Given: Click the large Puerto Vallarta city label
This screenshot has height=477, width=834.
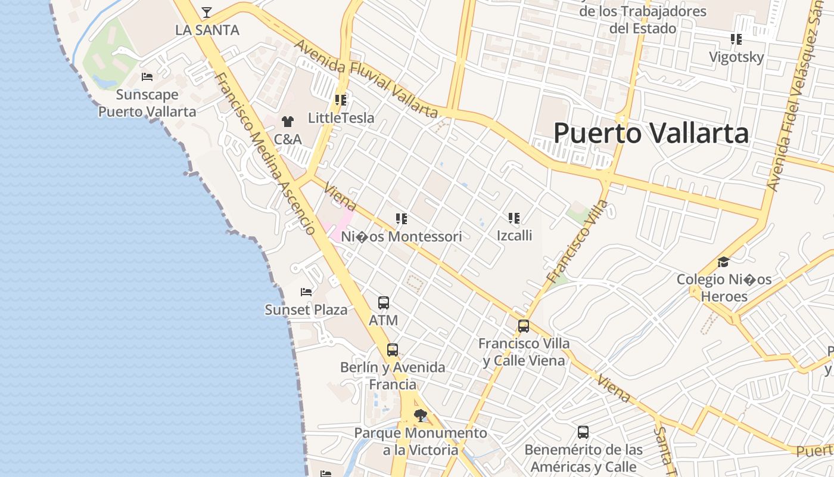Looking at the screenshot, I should coord(651,133).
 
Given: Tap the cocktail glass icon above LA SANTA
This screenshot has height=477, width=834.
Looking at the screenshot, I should coord(206,12).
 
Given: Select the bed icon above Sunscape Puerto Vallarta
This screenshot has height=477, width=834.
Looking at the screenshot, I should coord(147,76).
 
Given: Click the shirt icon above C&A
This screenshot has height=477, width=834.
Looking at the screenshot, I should coord(288,122).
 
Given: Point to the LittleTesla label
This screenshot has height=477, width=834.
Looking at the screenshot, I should coord(341,118).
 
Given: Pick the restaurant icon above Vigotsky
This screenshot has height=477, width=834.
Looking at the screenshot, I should coord(736,39).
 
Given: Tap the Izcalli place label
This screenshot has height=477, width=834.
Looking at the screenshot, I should coord(514,236).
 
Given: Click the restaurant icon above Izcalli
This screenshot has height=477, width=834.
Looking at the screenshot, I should coord(514,218).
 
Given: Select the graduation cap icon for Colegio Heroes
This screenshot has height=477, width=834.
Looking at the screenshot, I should coord(723,262).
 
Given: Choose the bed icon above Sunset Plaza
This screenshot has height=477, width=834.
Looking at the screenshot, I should coord(306,292).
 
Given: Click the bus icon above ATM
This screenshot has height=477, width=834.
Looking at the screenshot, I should coord(384,303).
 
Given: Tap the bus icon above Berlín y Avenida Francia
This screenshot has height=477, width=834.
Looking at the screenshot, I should coord(392,350).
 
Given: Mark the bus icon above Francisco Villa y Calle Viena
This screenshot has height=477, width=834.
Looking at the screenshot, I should coord(524,326).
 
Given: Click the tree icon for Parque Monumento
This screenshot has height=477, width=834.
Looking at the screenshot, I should coord(421,415).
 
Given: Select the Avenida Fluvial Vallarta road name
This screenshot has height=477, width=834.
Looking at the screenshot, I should coord(365,79).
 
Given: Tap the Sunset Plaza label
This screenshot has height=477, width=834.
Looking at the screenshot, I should coord(306,310).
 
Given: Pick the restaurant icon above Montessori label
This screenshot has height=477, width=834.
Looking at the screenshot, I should coord(402,219).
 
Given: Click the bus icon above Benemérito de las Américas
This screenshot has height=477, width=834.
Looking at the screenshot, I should coord(583,432).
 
